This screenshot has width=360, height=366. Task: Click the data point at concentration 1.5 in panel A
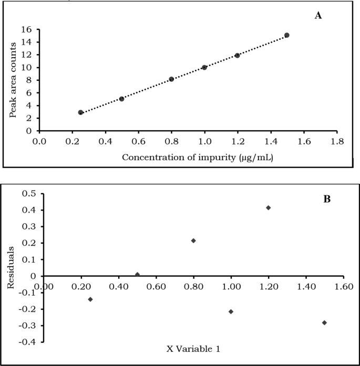point(286,35)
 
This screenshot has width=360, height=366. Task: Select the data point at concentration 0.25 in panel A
point(80,112)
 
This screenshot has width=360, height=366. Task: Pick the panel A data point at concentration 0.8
point(171,79)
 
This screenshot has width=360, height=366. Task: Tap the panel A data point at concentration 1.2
point(237,55)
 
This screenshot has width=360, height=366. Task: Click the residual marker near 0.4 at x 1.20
point(268,208)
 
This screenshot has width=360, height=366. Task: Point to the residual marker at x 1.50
point(324,322)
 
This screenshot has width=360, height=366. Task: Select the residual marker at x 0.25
point(90,299)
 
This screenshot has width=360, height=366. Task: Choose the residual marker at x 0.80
point(193,240)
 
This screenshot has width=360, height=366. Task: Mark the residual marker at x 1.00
point(231,311)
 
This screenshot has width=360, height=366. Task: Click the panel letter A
point(317,16)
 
